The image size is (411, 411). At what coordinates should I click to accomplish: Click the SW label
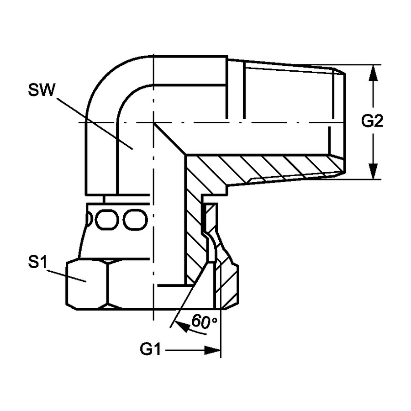[42, 90]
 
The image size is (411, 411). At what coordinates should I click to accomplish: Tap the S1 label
[37, 263]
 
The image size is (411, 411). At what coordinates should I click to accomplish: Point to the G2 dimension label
[372, 121]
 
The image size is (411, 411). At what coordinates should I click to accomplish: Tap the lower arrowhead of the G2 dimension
[373, 171]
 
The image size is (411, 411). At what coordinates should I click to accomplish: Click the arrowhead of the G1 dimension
[212, 350]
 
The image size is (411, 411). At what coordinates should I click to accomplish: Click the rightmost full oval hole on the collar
[135, 220]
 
